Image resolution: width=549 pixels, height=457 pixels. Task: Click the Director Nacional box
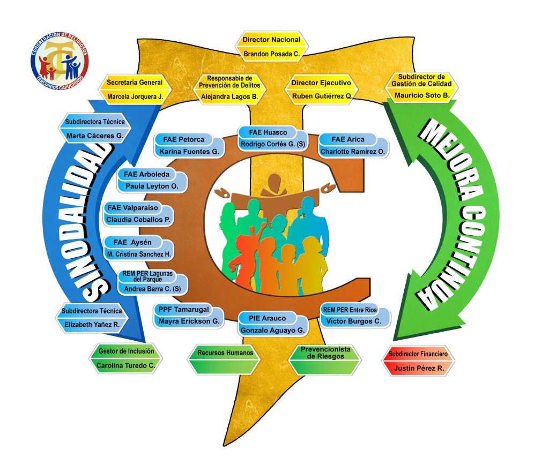click(271, 40)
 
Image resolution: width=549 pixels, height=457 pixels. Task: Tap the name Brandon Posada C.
click(271, 54)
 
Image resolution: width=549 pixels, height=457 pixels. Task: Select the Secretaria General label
click(135, 83)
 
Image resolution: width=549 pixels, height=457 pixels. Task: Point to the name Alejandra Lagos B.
click(229, 97)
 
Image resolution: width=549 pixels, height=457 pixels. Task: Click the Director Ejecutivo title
click(321, 83)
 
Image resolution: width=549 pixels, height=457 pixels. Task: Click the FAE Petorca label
click(184, 140)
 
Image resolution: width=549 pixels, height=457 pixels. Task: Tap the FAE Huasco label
click(268, 132)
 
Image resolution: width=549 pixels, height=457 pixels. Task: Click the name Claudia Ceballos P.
click(139, 220)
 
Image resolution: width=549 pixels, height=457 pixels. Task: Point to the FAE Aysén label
click(131, 242)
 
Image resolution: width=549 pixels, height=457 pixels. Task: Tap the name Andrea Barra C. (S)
click(153, 289)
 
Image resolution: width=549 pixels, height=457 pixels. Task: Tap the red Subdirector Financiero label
click(418, 355)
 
